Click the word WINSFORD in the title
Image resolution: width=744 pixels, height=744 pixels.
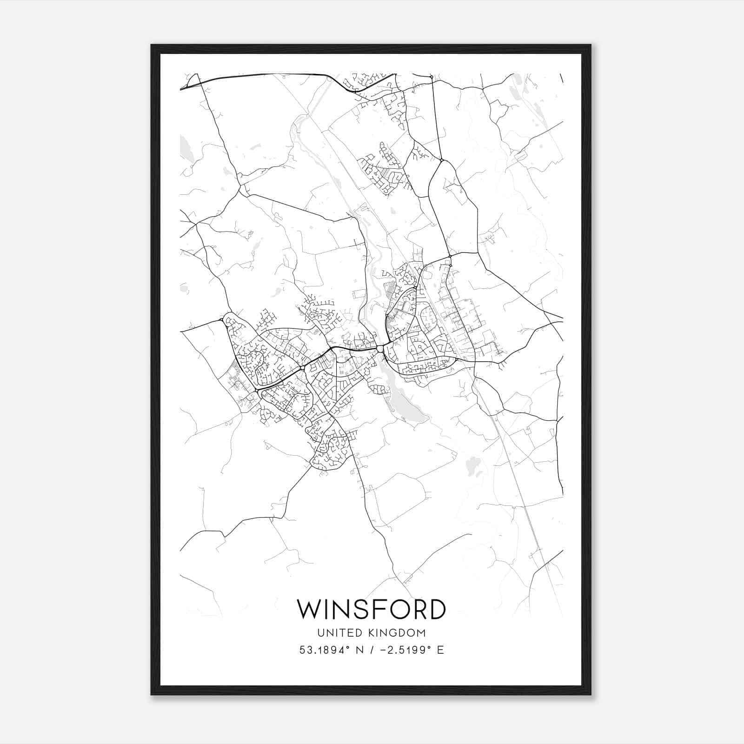click(x=372, y=609)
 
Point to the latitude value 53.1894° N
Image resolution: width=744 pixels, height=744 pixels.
click(x=330, y=650)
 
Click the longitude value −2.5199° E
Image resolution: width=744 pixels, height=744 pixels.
click(x=409, y=650)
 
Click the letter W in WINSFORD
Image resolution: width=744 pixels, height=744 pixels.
click(x=309, y=609)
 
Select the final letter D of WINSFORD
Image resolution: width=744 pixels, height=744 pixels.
click(x=437, y=609)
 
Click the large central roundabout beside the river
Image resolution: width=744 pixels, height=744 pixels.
click(x=380, y=349)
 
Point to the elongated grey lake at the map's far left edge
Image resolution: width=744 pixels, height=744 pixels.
click(x=186, y=150)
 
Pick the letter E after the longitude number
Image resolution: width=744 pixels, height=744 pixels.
click(x=440, y=650)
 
